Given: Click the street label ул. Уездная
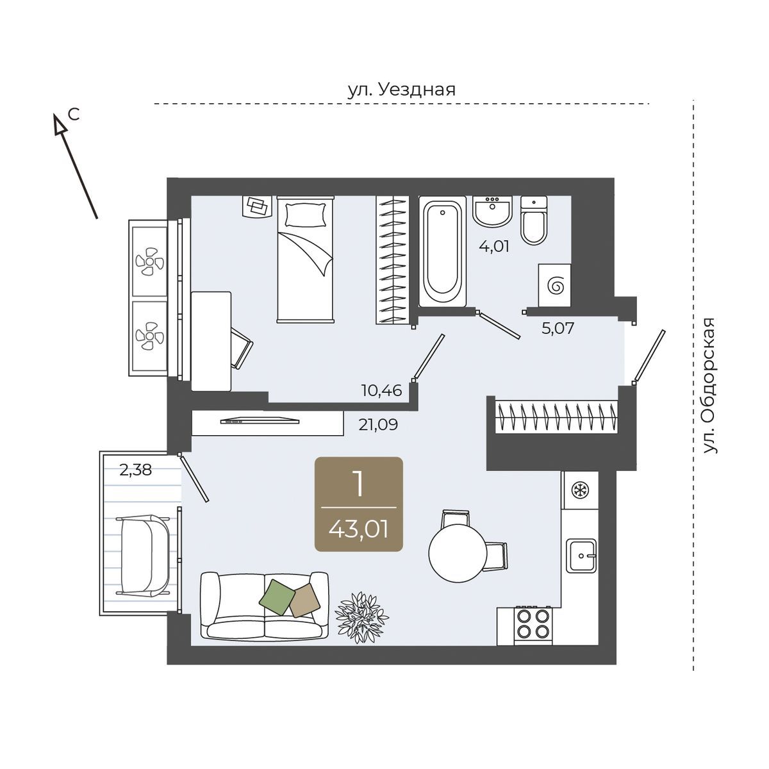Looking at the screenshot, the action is pyautogui.click(x=401, y=90).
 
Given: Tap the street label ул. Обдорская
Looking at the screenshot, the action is pyautogui.click(x=709, y=386).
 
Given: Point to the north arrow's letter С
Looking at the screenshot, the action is pyautogui.click(x=74, y=115).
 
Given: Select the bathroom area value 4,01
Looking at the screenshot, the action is pyautogui.click(x=494, y=246).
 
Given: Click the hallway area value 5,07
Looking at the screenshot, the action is pyautogui.click(x=558, y=329).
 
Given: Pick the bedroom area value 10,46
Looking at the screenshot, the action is pyautogui.click(x=381, y=390).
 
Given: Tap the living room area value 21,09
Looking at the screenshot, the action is pyautogui.click(x=378, y=425).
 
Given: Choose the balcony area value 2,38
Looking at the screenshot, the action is pyautogui.click(x=136, y=470).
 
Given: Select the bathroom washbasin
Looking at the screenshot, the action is pyautogui.click(x=492, y=211).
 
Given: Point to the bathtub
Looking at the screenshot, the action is pyautogui.click(x=442, y=251).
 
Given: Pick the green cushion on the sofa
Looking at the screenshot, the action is pyautogui.click(x=277, y=597).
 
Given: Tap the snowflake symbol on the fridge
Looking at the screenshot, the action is pyautogui.click(x=579, y=490).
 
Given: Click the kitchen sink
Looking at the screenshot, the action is pyautogui.click(x=583, y=555).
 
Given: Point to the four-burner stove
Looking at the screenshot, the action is pyautogui.click(x=533, y=625).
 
